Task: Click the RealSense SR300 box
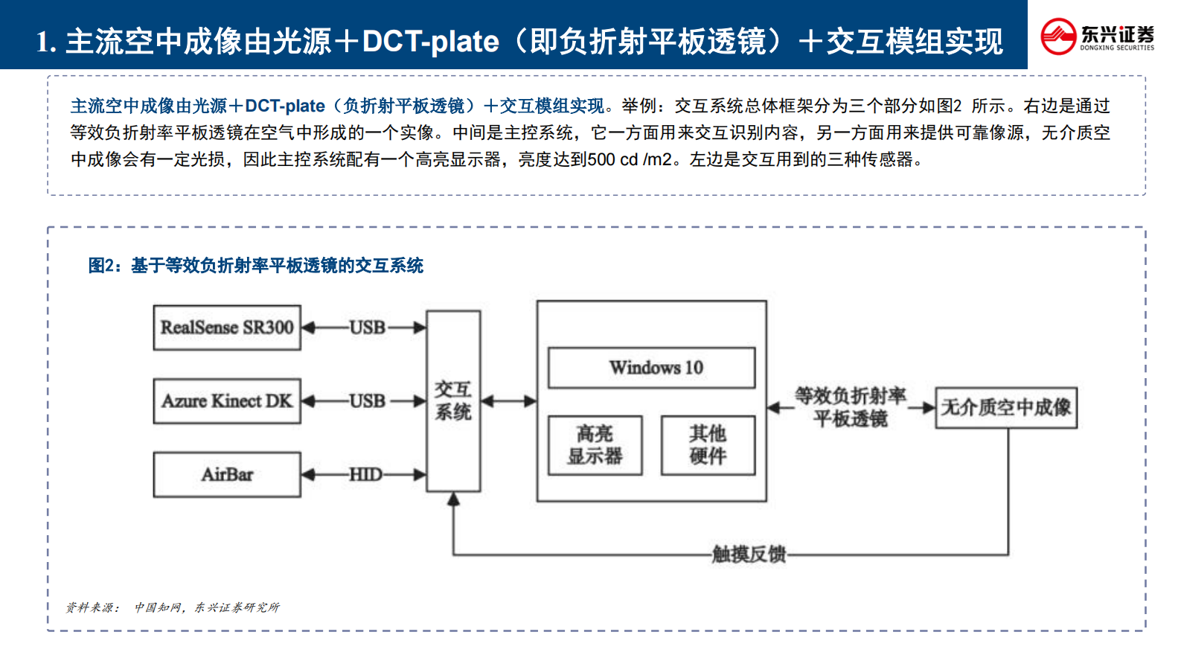pyautogui.click(x=227, y=328)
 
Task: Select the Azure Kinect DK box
pyautogui.click(x=227, y=401)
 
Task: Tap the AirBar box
pyautogui.click(x=227, y=474)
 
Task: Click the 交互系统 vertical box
pyautogui.click(x=453, y=401)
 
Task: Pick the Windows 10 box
pyautogui.click(x=652, y=368)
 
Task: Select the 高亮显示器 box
pyautogui.click(x=595, y=445)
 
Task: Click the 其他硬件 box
pyautogui.click(x=708, y=445)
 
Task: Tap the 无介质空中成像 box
pyautogui.click(x=1005, y=407)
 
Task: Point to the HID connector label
pyautogui.click(x=365, y=474)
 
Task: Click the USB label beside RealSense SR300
pyautogui.click(x=368, y=328)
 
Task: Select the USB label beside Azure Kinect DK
pyautogui.click(x=368, y=401)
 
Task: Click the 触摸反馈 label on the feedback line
pyautogui.click(x=749, y=555)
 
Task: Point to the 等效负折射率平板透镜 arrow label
pyautogui.click(x=851, y=407)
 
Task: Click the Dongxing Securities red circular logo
pyautogui.click(x=1058, y=36)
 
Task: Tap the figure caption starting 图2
pyautogui.click(x=255, y=266)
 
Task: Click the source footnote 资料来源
pyautogui.click(x=173, y=607)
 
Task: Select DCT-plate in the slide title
pyautogui.click(x=430, y=42)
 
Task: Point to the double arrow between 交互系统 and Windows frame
pyautogui.click(x=509, y=401)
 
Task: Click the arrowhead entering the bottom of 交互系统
pyautogui.click(x=453, y=500)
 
